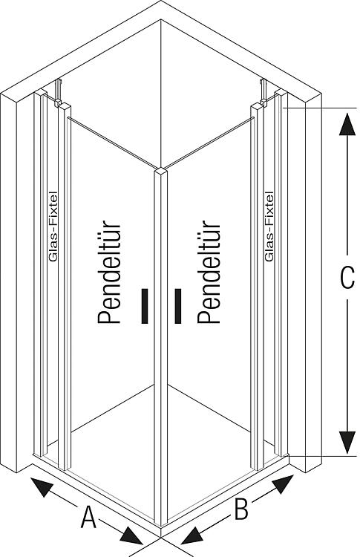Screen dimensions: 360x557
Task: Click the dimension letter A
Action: [88, 517]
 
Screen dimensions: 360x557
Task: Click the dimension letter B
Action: [241, 509]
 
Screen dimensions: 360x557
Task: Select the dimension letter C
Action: [347, 277]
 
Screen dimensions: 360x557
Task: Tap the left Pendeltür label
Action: [109, 273]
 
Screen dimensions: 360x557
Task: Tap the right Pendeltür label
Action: [209, 272]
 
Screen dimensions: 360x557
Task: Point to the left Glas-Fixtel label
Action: [53, 227]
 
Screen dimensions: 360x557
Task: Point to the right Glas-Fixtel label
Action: [269, 227]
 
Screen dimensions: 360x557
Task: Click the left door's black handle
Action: [145, 306]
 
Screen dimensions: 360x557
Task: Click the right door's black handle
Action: [178, 306]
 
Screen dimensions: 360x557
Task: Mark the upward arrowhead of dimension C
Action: [347, 124]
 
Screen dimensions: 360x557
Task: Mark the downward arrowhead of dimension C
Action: [347, 443]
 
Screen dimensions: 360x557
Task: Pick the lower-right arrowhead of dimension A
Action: [131, 535]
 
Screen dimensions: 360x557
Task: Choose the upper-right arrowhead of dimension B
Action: [283, 483]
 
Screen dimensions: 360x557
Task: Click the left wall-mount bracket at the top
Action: [58, 92]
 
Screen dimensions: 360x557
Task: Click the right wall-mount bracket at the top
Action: [263, 91]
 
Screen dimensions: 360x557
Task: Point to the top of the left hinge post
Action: [65, 105]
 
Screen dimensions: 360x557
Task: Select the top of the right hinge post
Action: [257, 105]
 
